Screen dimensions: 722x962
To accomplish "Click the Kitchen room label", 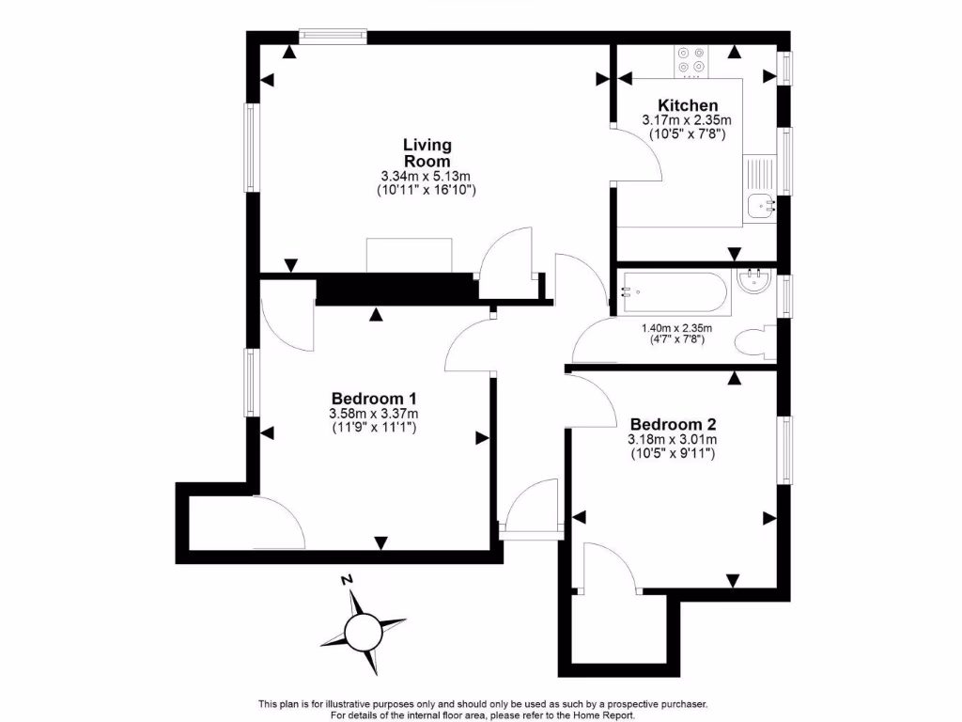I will point(688,105).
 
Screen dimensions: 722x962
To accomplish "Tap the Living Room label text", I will point(427,152).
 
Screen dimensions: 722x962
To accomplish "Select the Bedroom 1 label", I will point(373,398).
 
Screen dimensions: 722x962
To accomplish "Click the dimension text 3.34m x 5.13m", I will point(426,176).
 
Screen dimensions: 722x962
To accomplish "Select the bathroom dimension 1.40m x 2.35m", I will point(676,328).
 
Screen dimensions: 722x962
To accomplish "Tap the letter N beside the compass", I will point(347,580).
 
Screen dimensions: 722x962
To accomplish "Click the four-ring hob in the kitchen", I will point(690,60).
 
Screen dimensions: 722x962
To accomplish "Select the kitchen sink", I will point(759,204).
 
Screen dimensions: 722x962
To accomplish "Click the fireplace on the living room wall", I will point(409,256).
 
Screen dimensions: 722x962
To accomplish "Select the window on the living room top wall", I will point(333,37).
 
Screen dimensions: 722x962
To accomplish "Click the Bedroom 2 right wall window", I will point(783,449).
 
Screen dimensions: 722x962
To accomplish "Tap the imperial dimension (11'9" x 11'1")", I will point(373,428).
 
